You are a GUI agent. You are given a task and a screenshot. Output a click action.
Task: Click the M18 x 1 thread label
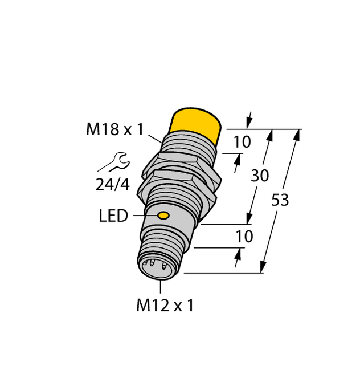pyautogui.click(x=114, y=130)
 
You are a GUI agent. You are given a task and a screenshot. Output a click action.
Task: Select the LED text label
pyautogui.click(x=113, y=216)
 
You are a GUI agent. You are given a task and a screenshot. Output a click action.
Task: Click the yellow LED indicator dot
pyautogui.click(x=163, y=216)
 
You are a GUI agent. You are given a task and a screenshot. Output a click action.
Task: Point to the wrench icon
pyautogui.click(x=116, y=162)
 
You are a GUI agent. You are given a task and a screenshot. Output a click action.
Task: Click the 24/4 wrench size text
pyautogui.click(x=112, y=184)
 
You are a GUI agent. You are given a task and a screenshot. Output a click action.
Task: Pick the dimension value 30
pyautogui.click(x=260, y=176)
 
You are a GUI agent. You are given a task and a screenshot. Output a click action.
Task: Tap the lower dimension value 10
pyautogui.click(x=244, y=236)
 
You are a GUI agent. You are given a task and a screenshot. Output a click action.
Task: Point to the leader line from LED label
pyautogui.click(x=143, y=216)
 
